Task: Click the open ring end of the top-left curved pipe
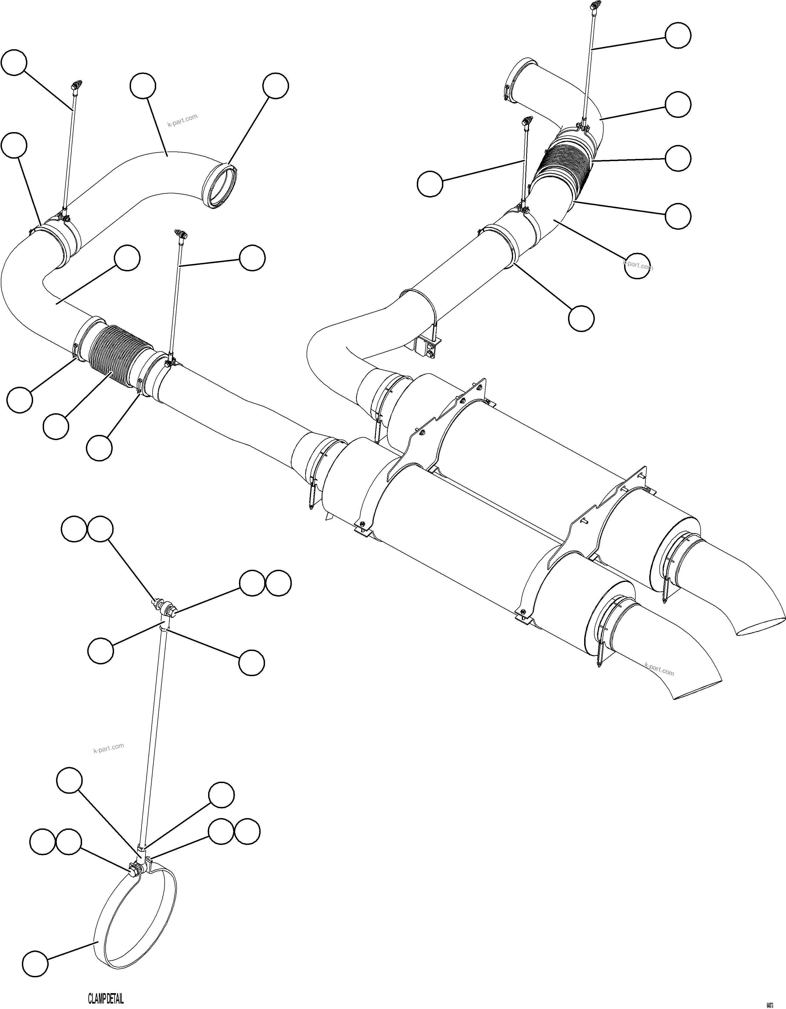tap(220, 185)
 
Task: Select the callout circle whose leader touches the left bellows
tap(56, 426)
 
